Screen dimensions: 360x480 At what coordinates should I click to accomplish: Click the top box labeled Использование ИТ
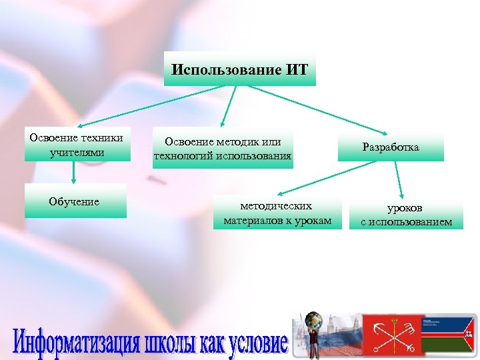pyautogui.click(x=240, y=70)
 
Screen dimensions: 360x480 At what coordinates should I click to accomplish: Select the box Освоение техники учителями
pyautogui.click(x=75, y=145)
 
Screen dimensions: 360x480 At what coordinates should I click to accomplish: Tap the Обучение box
pyautogui.click(x=75, y=201)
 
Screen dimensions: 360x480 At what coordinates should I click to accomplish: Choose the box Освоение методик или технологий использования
pyautogui.click(x=222, y=148)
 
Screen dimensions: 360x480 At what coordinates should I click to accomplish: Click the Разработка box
pyautogui.click(x=391, y=147)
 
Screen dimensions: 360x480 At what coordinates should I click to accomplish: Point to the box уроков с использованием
pyautogui.click(x=406, y=215)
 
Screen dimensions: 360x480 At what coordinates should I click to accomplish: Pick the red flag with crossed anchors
pyautogui.click(x=393, y=336)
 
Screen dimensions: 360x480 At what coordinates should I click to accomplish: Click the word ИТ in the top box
pyautogui.click(x=297, y=69)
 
